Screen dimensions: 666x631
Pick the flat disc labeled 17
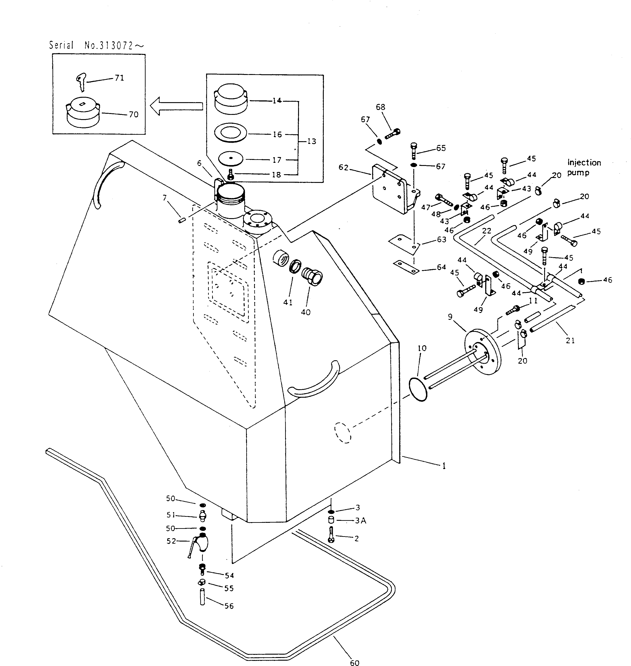231,158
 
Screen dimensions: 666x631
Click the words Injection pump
584,167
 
